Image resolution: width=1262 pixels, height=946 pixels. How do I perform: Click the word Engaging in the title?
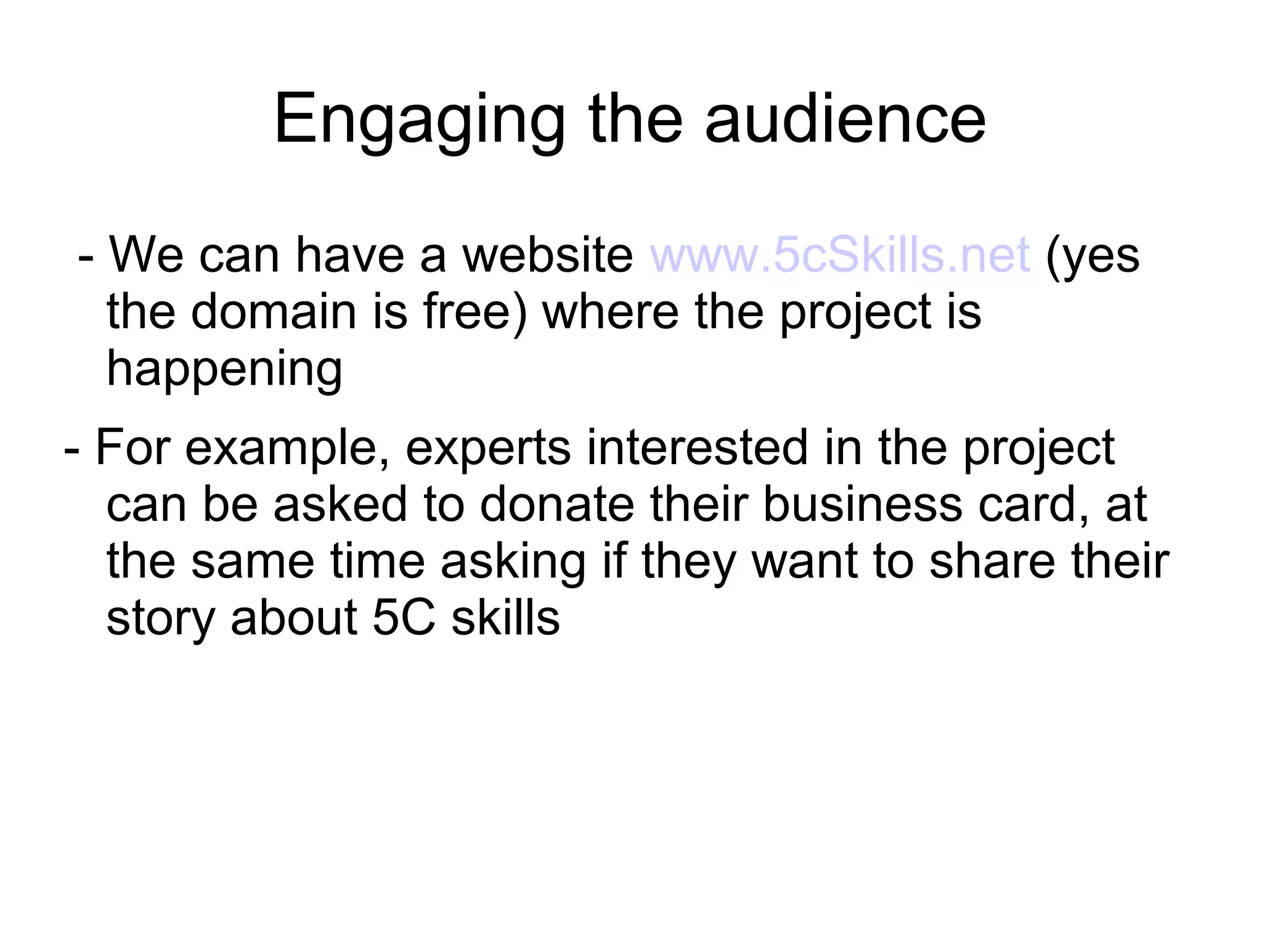pyautogui.click(x=419, y=120)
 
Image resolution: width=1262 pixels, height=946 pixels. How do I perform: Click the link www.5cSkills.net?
pyautogui.click(x=839, y=255)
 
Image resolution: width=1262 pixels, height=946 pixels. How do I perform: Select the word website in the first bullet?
pyautogui.click(x=547, y=255)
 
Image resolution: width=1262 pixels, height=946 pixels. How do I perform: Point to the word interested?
pyautogui.click(x=697, y=447)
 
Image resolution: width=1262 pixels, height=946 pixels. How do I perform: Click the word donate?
pyautogui.click(x=556, y=504)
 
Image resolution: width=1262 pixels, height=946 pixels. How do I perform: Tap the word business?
pyautogui.click(x=862, y=504)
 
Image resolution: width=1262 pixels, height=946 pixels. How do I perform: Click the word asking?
pyautogui.click(x=513, y=562)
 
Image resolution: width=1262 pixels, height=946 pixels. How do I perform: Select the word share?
pyautogui.click(x=992, y=561)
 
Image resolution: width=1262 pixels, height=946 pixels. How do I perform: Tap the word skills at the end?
pyautogui.click(x=505, y=618)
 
